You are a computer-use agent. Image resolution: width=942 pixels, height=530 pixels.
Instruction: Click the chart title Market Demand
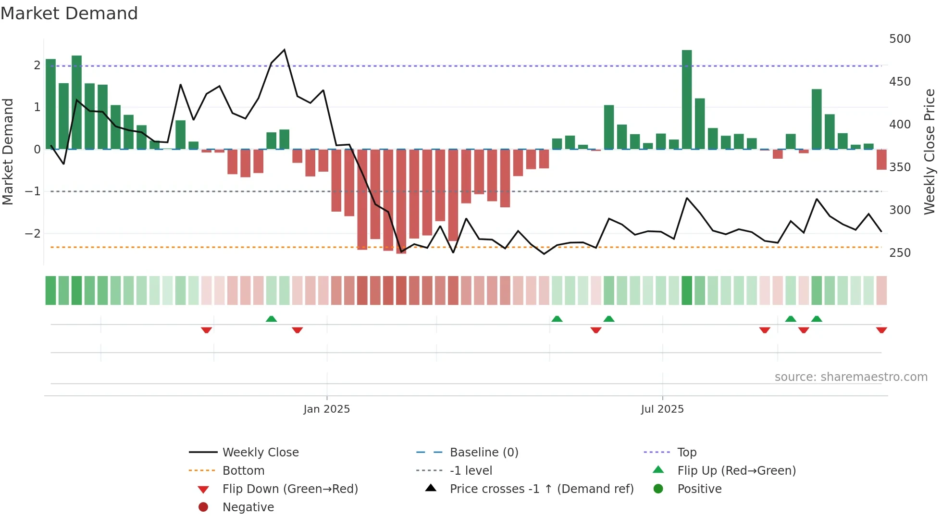point(69,13)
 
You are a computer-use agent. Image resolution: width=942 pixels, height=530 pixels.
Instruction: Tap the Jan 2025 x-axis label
point(327,409)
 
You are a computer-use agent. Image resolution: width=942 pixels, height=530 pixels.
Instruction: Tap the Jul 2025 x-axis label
point(662,409)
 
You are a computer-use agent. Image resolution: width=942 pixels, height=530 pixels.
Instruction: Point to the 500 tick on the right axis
point(900,39)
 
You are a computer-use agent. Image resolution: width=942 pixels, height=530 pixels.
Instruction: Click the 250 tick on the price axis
point(900,253)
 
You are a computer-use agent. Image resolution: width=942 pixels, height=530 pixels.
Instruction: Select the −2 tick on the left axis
point(33,234)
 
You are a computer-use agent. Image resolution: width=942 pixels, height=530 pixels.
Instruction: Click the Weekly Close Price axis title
point(930,151)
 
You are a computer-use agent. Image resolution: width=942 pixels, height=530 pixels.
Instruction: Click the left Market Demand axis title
point(8,151)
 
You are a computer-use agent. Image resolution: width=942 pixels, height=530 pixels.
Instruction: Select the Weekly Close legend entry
point(260,453)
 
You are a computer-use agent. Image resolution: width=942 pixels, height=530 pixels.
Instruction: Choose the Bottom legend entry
point(243,471)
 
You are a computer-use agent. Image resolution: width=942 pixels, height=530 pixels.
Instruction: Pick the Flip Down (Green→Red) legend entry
point(290,489)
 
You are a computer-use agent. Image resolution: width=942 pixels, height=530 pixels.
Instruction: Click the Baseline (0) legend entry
point(483,453)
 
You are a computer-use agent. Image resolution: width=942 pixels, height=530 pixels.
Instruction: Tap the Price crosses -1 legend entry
point(541,489)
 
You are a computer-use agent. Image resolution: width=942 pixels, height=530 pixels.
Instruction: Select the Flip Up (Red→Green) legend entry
point(736,471)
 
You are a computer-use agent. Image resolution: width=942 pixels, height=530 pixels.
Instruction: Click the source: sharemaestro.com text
point(851,377)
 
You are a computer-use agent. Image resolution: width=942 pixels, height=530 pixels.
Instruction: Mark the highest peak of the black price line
point(285,50)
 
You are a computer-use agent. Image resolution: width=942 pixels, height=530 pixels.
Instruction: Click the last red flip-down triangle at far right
point(881,330)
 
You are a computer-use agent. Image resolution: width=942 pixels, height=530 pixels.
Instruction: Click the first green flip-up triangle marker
point(272,319)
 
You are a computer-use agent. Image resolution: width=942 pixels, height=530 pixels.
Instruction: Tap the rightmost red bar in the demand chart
point(881,160)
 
